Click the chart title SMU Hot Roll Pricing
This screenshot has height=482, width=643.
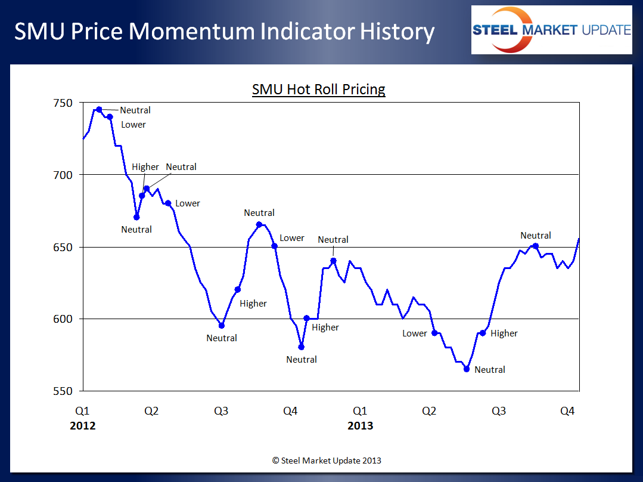pyautogui.click(x=319, y=89)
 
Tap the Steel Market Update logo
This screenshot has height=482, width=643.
pyautogui.click(x=551, y=30)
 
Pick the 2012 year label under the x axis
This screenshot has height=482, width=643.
pyautogui.click(x=82, y=425)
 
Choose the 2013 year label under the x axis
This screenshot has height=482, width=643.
pyautogui.click(x=360, y=425)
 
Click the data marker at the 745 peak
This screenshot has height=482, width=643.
pyautogui.click(x=99, y=110)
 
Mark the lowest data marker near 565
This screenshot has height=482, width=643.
pyautogui.click(x=467, y=369)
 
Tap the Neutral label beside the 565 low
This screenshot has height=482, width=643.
pyautogui.click(x=490, y=370)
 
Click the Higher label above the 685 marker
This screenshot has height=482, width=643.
pyautogui.click(x=145, y=167)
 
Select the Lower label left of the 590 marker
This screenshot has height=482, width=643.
pyautogui.click(x=415, y=333)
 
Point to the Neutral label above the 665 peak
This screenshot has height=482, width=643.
pyautogui.click(x=259, y=213)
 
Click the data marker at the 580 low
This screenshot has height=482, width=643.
pyautogui.click(x=301, y=347)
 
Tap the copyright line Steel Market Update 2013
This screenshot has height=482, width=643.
pyautogui.click(x=327, y=461)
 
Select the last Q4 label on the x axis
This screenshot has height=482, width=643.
pyautogui.click(x=568, y=411)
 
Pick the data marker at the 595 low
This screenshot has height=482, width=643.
pyautogui.click(x=222, y=326)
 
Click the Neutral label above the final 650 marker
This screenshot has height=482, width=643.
pyautogui.click(x=536, y=236)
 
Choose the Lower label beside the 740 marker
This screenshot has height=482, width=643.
pyautogui.click(x=133, y=125)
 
